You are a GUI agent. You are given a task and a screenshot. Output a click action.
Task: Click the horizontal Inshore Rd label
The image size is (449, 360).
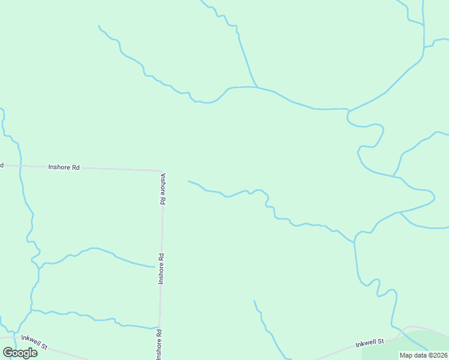coord(64,167)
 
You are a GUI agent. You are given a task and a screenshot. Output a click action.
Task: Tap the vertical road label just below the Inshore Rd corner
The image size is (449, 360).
coord(163,190)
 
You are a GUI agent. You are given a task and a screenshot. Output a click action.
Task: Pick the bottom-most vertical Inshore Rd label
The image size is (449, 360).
coord(159,344)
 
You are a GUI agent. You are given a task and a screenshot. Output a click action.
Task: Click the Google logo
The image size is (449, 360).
coord(20,352)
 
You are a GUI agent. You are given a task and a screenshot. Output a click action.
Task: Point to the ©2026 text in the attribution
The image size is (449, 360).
coord(436,355)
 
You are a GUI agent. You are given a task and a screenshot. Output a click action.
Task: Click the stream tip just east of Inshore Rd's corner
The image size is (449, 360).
coord(188,181)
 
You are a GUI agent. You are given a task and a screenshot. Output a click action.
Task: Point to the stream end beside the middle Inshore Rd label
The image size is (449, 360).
coord(155,267)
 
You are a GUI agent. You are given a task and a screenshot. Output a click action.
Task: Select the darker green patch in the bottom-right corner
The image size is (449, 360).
coord(420,348)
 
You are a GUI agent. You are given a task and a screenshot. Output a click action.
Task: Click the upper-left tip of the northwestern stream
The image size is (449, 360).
coord(98,26)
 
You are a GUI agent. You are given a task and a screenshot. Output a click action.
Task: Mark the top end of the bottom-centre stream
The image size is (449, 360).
coord(254,301)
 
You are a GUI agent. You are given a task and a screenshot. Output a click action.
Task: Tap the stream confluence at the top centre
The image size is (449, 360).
coord(258,88)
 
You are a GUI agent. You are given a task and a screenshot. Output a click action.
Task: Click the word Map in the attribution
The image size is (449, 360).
coord(407,355)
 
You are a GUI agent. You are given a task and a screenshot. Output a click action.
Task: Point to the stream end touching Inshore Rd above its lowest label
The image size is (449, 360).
coord(158,328)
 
